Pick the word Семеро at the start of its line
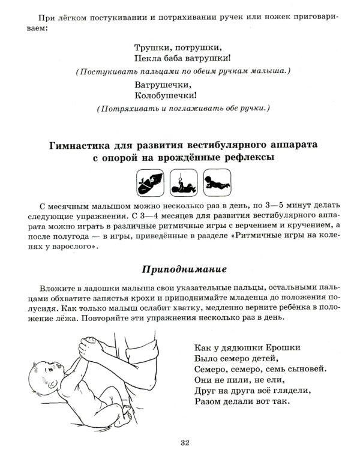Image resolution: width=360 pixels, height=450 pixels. click(211, 369)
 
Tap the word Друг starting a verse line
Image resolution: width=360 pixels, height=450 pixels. click(205, 391)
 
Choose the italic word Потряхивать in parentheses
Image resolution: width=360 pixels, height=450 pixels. click(126, 109)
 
